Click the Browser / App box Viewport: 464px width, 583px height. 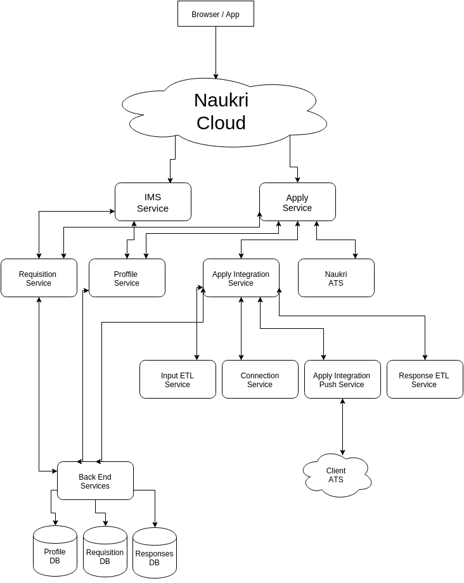(x=216, y=14)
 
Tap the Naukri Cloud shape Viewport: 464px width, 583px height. (x=221, y=112)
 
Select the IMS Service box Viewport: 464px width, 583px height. (x=153, y=202)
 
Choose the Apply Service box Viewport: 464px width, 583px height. (x=297, y=202)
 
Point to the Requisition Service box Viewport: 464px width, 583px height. (x=39, y=278)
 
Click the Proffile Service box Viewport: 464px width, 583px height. (x=127, y=278)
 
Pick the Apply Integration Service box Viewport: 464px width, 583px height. (x=241, y=278)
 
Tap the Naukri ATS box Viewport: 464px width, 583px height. (x=336, y=278)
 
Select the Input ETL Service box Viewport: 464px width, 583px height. (x=177, y=380)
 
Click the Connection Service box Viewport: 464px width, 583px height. (x=260, y=380)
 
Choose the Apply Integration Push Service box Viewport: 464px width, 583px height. (x=342, y=380)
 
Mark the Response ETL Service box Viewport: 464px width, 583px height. (x=425, y=380)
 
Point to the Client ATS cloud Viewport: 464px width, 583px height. (x=336, y=475)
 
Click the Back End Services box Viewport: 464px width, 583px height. (x=95, y=481)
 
